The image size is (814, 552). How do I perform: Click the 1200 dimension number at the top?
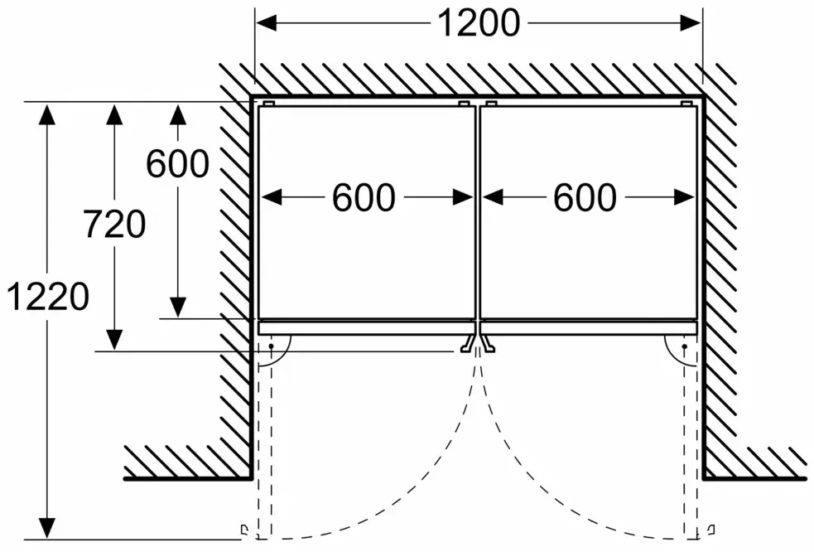coord(479,24)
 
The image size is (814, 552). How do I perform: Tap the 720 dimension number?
coord(115,224)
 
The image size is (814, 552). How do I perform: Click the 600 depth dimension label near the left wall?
coord(177,164)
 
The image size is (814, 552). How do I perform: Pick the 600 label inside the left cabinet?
coord(364,197)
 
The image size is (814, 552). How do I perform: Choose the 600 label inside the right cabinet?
coord(585,197)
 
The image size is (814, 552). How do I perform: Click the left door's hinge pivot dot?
coord(271,346)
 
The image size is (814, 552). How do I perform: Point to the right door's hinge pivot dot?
coord(686,346)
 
